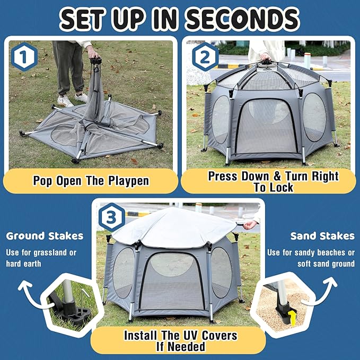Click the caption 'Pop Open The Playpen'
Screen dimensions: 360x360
pyautogui.click(x=91, y=181)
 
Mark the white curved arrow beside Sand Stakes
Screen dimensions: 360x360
pyautogui.click(x=327, y=294)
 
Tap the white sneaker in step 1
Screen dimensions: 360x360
pyautogui.click(x=65, y=101)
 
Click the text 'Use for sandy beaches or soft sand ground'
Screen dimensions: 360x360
pyautogui.click(x=311, y=258)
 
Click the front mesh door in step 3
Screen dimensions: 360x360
pyautogui.click(x=173, y=281)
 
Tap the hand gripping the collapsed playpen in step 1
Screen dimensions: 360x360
pyautogui.click(x=94, y=52)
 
